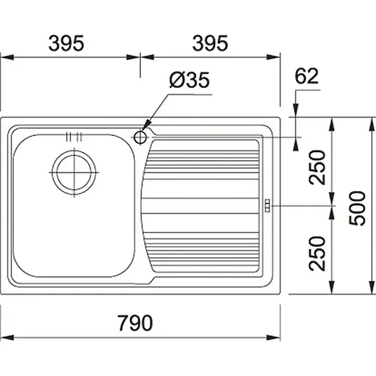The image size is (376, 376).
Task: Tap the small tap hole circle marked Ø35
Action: pyautogui.click(x=141, y=136)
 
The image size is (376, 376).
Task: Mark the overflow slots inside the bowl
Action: pyautogui.click(x=73, y=137)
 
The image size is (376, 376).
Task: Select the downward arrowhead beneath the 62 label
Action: pyautogui.click(x=294, y=110)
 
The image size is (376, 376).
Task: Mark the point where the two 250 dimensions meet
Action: pyautogui.click(x=332, y=206)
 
